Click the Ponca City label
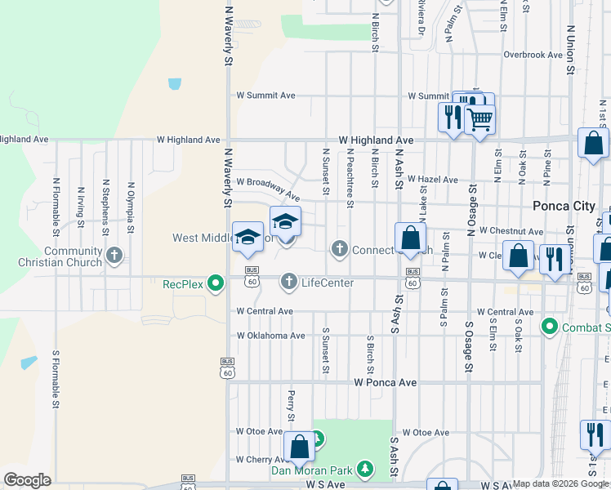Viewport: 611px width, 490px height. pyautogui.click(x=564, y=206)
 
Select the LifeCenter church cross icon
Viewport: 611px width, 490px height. pyautogui.click(x=288, y=283)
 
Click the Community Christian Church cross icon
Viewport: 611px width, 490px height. pyautogui.click(x=114, y=255)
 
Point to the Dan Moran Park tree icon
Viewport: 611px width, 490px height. pyautogui.click(x=365, y=470)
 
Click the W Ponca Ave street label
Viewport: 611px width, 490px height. pyautogui.click(x=386, y=382)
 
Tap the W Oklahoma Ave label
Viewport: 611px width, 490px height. pyautogui.click(x=270, y=336)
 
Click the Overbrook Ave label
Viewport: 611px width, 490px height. pyautogui.click(x=533, y=55)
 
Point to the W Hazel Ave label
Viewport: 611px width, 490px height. pyautogui.click(x=433, y=179)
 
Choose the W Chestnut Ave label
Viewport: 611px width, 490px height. pyautogui.click(x=510, y=231)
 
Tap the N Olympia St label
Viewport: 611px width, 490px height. pyautogui.click(x=130, y=201)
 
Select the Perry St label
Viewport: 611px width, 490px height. pyautogui.click(x=291, y=401)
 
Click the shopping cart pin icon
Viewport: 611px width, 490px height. pyautogui.click(x=479, y=119)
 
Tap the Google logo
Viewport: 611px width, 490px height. pyautogui.click(x=27, y=480)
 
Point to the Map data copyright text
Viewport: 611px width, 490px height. pyautogui.click(x=561, y=484)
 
